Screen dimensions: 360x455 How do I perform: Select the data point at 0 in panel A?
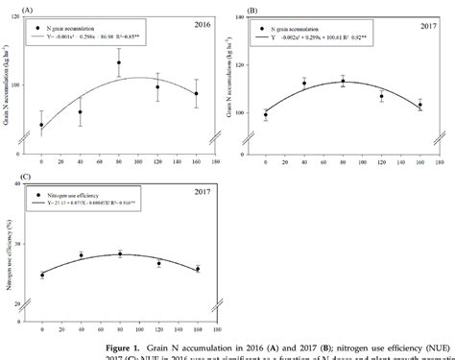tap(41, 125)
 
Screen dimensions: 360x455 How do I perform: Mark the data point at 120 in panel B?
tap(381, 96)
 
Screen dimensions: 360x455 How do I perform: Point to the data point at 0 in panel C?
tap(41, 276)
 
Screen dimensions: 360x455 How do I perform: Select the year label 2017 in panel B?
tap(426, 26)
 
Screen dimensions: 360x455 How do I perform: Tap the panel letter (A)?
tap(12, 7)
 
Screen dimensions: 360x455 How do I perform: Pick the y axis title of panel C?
tap(9, 249)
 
